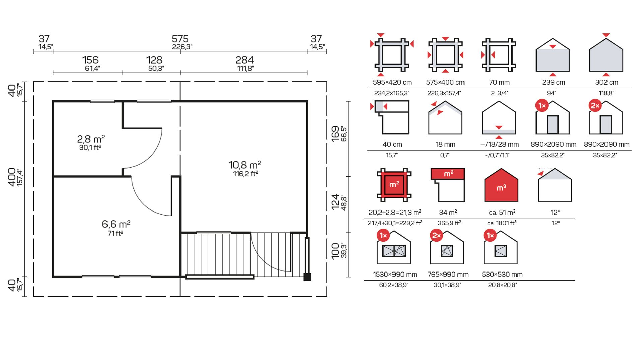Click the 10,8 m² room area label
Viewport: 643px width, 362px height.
click(245, 165)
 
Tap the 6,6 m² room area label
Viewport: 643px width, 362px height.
click(116, 224)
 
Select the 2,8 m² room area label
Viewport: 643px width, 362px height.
click(91, 139)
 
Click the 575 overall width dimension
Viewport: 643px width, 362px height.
click(180, 39)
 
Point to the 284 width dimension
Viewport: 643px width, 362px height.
click(244, 60)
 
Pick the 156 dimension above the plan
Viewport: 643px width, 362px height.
click(90, 60)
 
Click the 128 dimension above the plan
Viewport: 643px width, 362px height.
click(154, 60)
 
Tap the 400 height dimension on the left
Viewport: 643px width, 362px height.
click(12, 177)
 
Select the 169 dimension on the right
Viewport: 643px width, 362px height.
click(335, 134)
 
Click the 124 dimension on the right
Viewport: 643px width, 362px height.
click(335, 202)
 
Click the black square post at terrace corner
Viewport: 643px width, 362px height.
click(307, 277)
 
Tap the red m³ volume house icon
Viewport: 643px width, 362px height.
click(501, 185)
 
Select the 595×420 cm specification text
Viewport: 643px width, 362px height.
click(392, 82)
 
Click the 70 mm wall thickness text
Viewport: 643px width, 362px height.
click(499, 82)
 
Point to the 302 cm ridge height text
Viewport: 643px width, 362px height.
click(606, 82)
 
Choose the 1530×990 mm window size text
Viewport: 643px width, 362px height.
click(395, 275)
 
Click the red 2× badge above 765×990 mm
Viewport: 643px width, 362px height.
click(436, 236)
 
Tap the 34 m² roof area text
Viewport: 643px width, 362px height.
click(448, 212)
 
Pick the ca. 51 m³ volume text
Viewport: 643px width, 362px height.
click(502, 212)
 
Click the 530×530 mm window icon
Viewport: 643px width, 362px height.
click(501, 251)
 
